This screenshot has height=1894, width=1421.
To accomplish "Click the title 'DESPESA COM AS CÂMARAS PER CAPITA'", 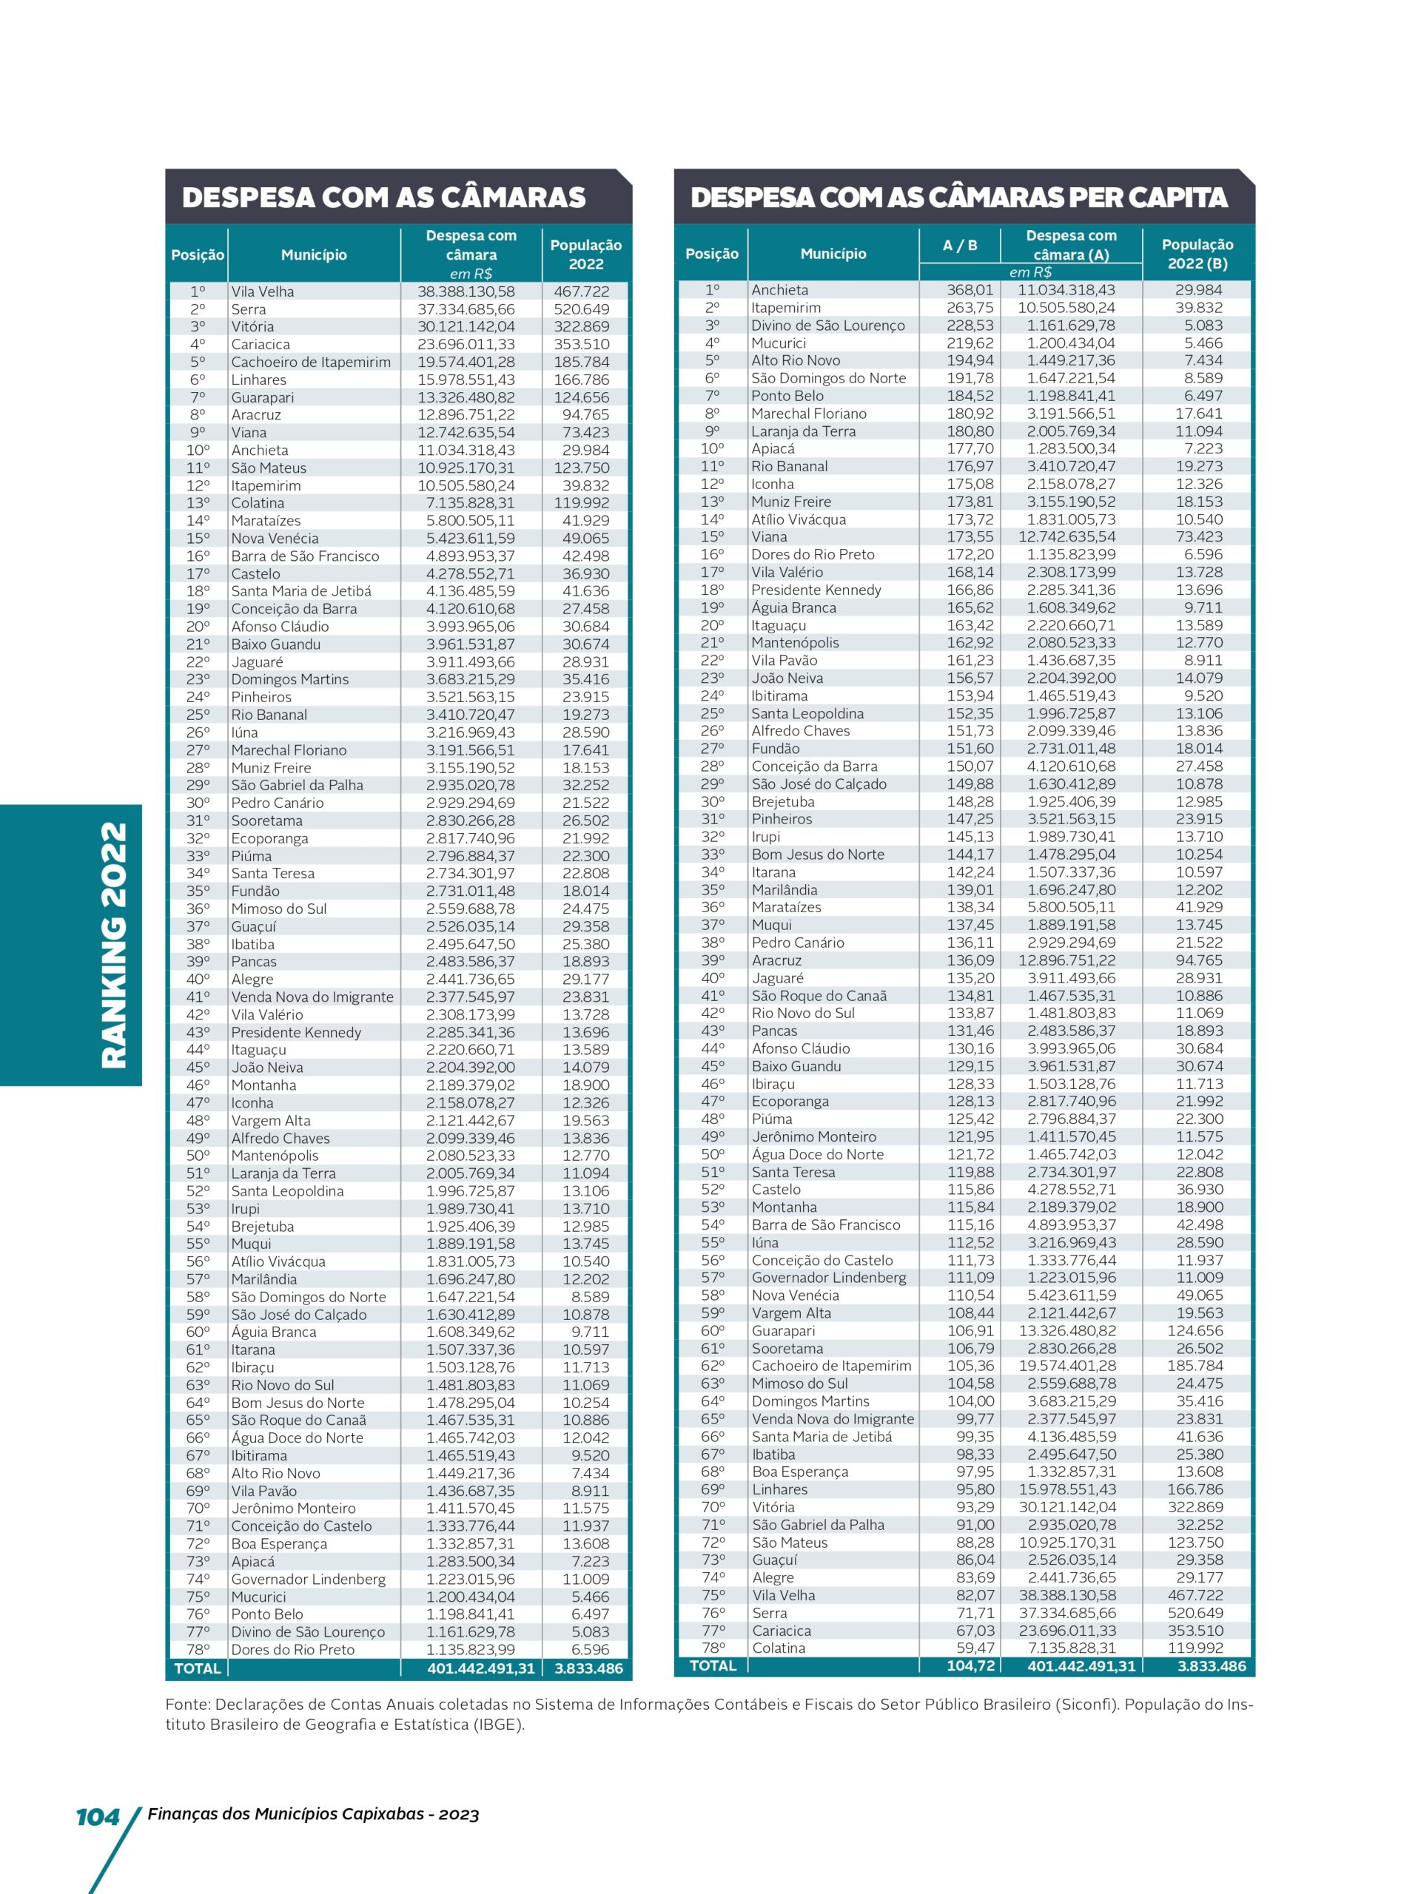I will click(x=958, y=198).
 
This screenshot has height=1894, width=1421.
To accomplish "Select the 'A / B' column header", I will click(x=959, y=246).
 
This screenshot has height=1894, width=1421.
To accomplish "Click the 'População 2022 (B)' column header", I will click(x=1197, y=255).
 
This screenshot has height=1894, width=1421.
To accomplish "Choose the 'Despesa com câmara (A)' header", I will click(x=1071, y=245).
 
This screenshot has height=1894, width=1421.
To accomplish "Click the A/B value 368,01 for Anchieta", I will click(x=970, y=290).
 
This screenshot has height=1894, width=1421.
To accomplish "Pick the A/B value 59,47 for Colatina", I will click(x=975, y=1648).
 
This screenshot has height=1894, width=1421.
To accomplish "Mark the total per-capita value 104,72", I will click(x=970, y=1665).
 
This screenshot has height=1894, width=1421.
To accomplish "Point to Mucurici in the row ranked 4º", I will click(x=778, y=343).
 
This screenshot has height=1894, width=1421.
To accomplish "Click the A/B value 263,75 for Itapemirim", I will click(x=970, y=307).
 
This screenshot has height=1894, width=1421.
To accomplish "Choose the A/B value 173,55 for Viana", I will click(x=970, y=537).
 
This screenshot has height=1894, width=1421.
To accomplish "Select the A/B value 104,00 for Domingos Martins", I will click(x=970, y=1401).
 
